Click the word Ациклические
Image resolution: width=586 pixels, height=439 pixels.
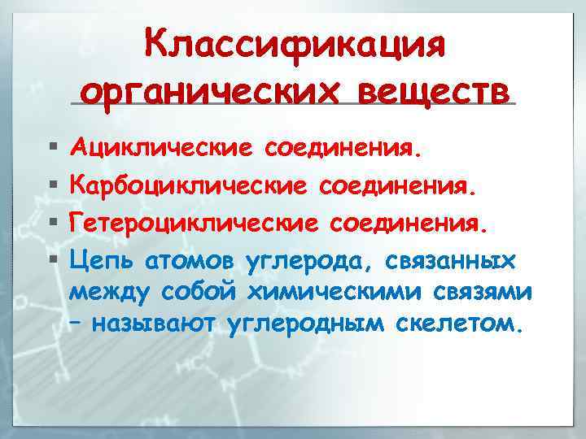click(160, 150)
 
